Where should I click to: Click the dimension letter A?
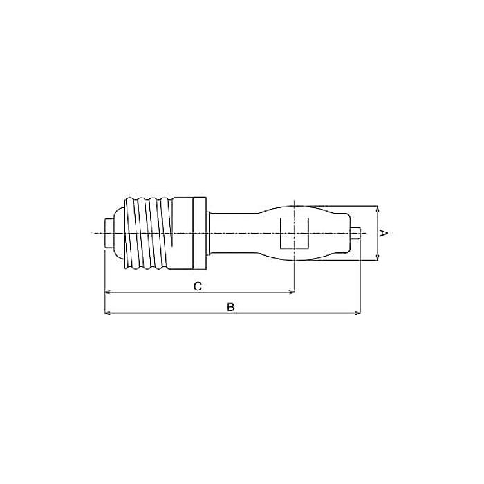(383, 233)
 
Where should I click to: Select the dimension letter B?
(230, 307)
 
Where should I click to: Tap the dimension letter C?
(198, 286)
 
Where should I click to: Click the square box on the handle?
(295, 233)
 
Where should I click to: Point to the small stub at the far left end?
(109, 233)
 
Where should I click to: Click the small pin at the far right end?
(355, 233)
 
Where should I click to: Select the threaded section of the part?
(148, 233)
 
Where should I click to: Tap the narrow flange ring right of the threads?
(199, 233)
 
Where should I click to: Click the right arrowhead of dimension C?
(292, 292)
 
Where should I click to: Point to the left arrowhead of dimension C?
(108, 292)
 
